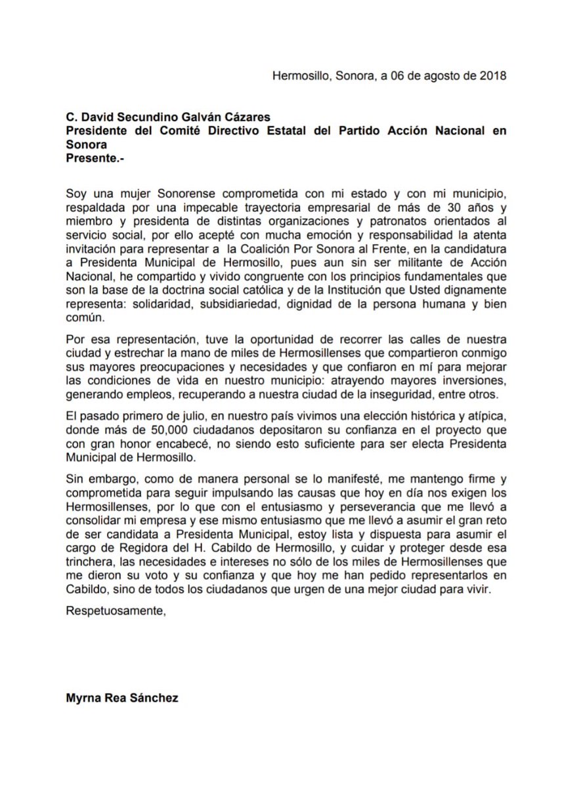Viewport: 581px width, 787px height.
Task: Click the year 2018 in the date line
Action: point(493,75)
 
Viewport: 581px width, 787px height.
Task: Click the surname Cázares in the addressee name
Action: point(226,119)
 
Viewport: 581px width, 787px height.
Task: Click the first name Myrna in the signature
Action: point(81,698)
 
